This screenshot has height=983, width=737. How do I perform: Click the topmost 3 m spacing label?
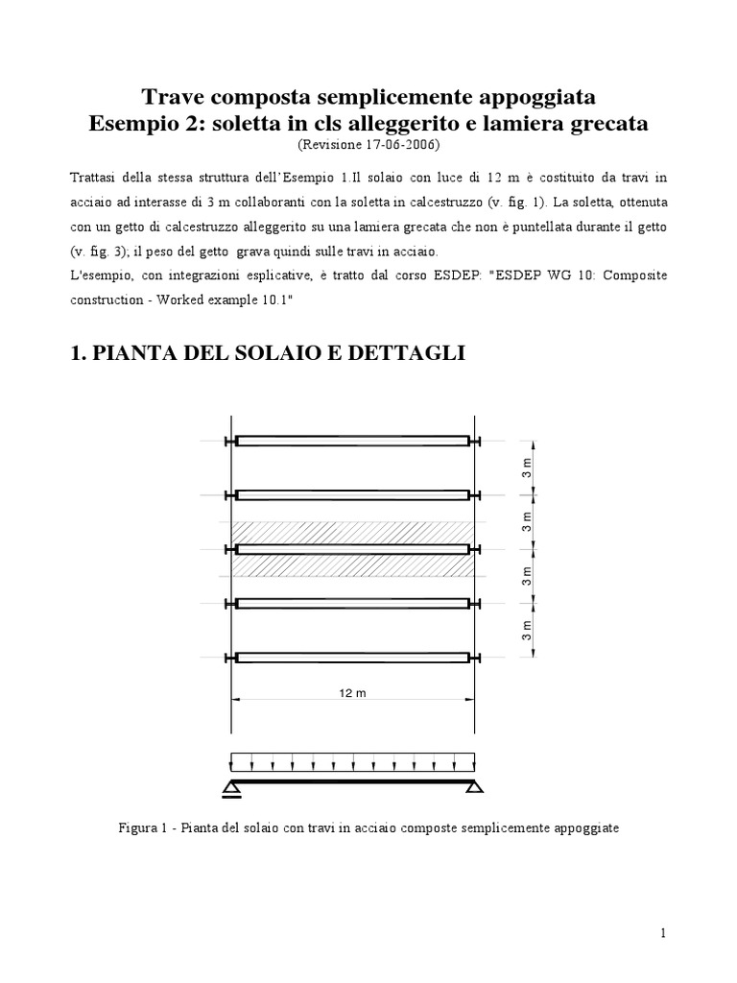click(526, 468)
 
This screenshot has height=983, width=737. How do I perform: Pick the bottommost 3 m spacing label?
click(526, 630)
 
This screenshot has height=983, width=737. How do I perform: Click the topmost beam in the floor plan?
click(352, 441)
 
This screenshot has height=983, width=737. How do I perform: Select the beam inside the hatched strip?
click(352, 549)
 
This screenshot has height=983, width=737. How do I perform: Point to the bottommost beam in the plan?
click(352, 658)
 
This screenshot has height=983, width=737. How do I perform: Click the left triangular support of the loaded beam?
click(232, 789)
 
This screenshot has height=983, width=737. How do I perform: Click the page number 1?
click(662, 933)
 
